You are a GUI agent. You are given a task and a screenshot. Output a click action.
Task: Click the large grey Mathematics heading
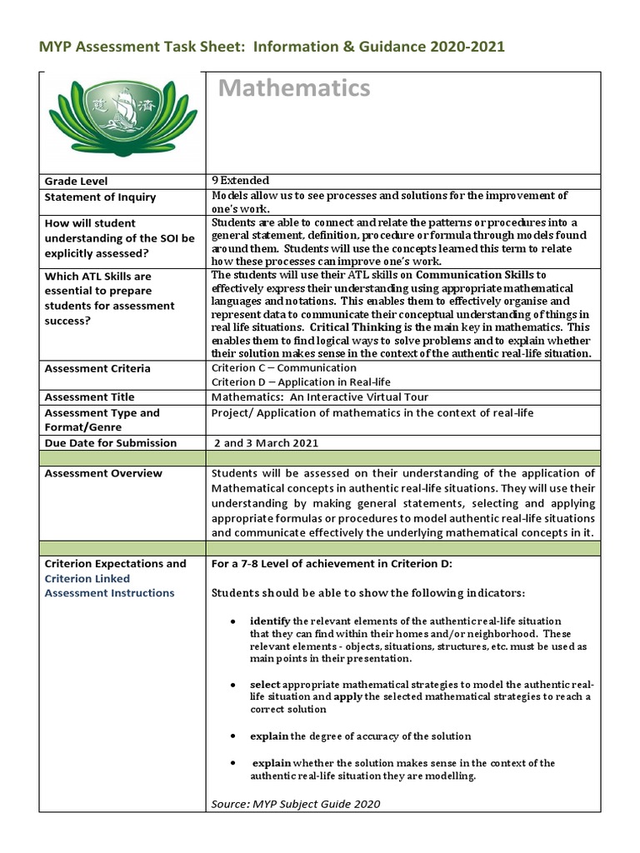tap(294, 87)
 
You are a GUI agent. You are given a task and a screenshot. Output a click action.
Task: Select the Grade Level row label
tap(76, 181)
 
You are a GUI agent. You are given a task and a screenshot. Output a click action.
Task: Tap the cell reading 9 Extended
tap(241, 180)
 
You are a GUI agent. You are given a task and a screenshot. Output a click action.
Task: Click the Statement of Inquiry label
tap(100, 197)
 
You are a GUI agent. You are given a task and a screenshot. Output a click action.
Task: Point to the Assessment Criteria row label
tap(97, 368)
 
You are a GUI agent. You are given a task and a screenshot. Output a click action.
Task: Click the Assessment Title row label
tap(89, 397)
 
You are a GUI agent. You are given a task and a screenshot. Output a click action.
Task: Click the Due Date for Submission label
tap(110, 443)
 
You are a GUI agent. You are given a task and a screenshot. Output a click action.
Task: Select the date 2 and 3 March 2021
tap(267, 443)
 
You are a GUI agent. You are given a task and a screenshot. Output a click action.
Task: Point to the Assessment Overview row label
tap(103, 473)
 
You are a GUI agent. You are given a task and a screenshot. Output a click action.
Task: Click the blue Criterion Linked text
tap(87, 578)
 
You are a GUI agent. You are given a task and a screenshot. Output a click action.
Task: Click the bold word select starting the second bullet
tap(265, 683)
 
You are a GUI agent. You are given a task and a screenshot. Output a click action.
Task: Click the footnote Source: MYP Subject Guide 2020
tap(296, 803)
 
